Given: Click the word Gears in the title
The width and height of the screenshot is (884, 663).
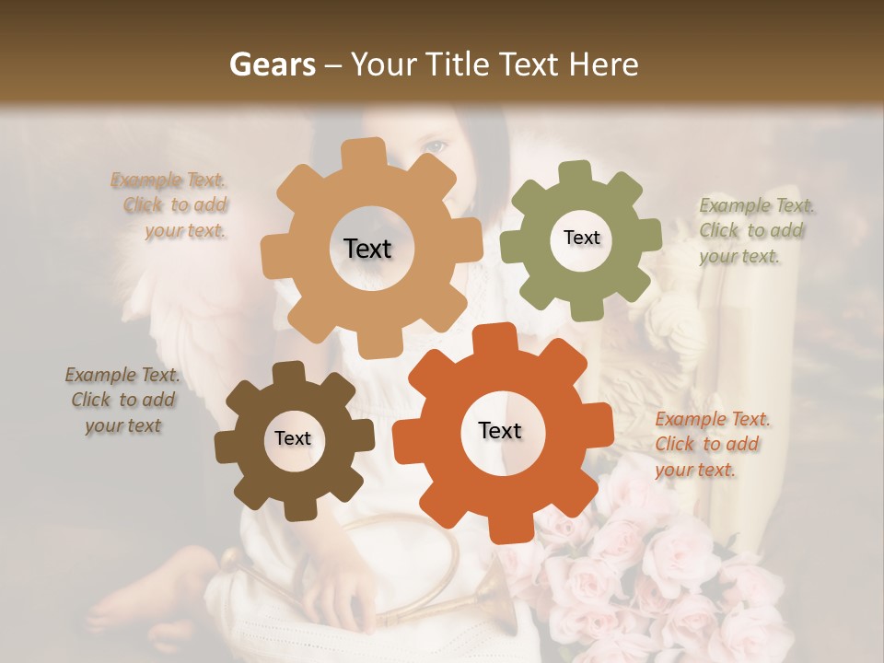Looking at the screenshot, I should point(272,64).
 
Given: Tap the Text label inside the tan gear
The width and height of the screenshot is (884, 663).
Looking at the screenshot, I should point(367,249).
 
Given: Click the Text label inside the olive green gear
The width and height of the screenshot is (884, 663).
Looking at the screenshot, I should point(581,238).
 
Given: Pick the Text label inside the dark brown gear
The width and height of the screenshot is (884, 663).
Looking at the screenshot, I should point(293,438).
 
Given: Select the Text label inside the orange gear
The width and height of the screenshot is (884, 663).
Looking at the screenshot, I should point(500,430).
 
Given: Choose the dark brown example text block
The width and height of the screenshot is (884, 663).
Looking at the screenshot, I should point(122,400).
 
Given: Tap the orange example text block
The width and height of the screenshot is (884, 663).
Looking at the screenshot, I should point(711,444).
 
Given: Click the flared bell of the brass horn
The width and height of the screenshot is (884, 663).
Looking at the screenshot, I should point(493,589).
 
